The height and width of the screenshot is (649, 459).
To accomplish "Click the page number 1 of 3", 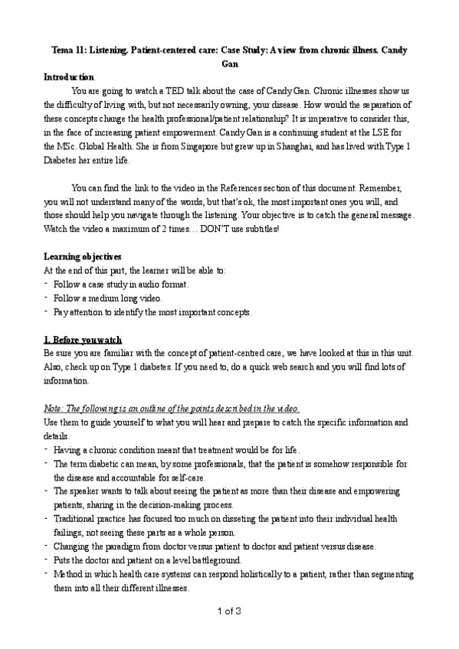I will (229, 610).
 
